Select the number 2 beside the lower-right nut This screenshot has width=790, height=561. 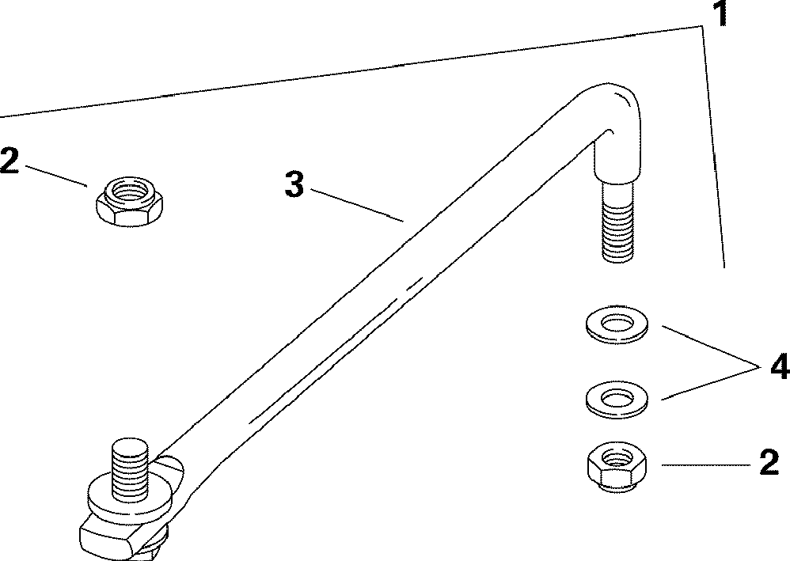click(768, 463)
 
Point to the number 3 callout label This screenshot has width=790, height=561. click(294, 186)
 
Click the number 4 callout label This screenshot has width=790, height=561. click(778, 368)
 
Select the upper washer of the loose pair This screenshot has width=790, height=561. click(615, 324)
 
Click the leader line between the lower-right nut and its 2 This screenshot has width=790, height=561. click(701, 465)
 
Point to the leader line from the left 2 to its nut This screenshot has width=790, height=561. click(55, 175)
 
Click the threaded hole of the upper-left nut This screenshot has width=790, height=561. click(127, 191)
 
